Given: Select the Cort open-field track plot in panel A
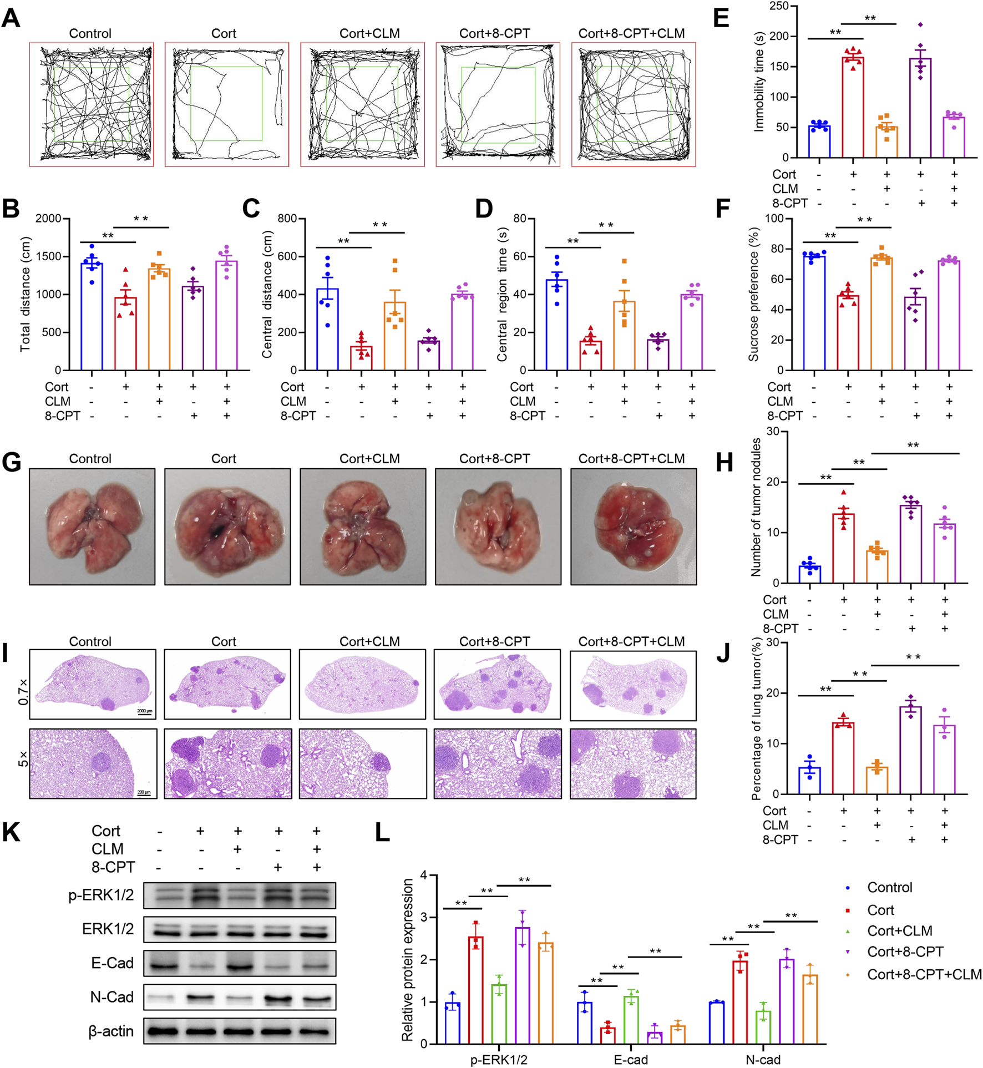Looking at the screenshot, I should coord(226,104).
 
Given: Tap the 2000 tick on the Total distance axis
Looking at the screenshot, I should coord(48,219).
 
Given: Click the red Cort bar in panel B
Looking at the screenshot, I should coord(125,334).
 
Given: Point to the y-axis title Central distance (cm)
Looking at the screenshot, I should coord(267,295).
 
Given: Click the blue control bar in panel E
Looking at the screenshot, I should coord(819,142).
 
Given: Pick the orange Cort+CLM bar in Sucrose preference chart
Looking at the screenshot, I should coord(881,314).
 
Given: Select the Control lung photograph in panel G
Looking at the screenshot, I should coord(92,526).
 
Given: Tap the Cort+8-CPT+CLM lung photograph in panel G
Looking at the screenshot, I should coord(633,526).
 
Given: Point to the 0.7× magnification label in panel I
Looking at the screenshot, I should coord(23,692).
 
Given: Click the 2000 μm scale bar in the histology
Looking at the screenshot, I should coord(144,712).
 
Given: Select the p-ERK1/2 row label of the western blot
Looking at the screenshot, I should coord(101,895).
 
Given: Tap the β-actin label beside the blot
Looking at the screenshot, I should coord(111,1031).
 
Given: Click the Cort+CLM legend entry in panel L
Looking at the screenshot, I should coord(899,931).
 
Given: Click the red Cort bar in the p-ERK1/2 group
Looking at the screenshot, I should coord(475,990).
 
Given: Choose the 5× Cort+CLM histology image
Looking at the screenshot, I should coord(363,764).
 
